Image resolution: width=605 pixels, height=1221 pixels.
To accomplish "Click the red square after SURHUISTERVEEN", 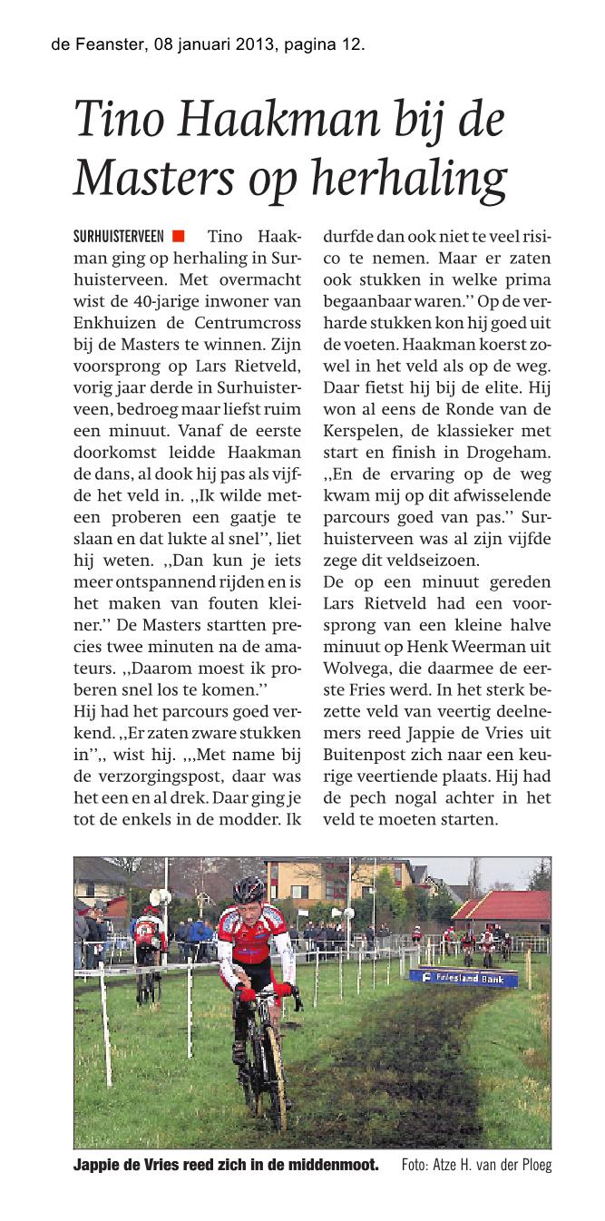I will pyautogui.click(x=178, y=237).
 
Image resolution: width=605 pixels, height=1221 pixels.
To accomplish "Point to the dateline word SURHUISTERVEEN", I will pyautogui.click(x=118, y=237).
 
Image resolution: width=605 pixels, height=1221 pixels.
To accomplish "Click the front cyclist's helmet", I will pyautogui.click(x=249, y=891).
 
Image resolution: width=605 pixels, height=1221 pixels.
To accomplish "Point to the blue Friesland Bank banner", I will pyautogui.click(x=463, y=977).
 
